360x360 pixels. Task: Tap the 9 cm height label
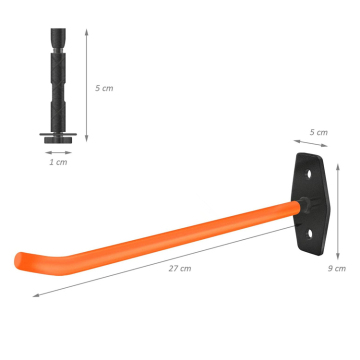coord(339,269)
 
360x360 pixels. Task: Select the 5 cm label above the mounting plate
coord(319,132)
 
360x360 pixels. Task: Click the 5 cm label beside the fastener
coord(104,88)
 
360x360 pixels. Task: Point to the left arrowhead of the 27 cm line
coord(36,295)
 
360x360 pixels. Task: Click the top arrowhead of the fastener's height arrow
coord(88,31)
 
